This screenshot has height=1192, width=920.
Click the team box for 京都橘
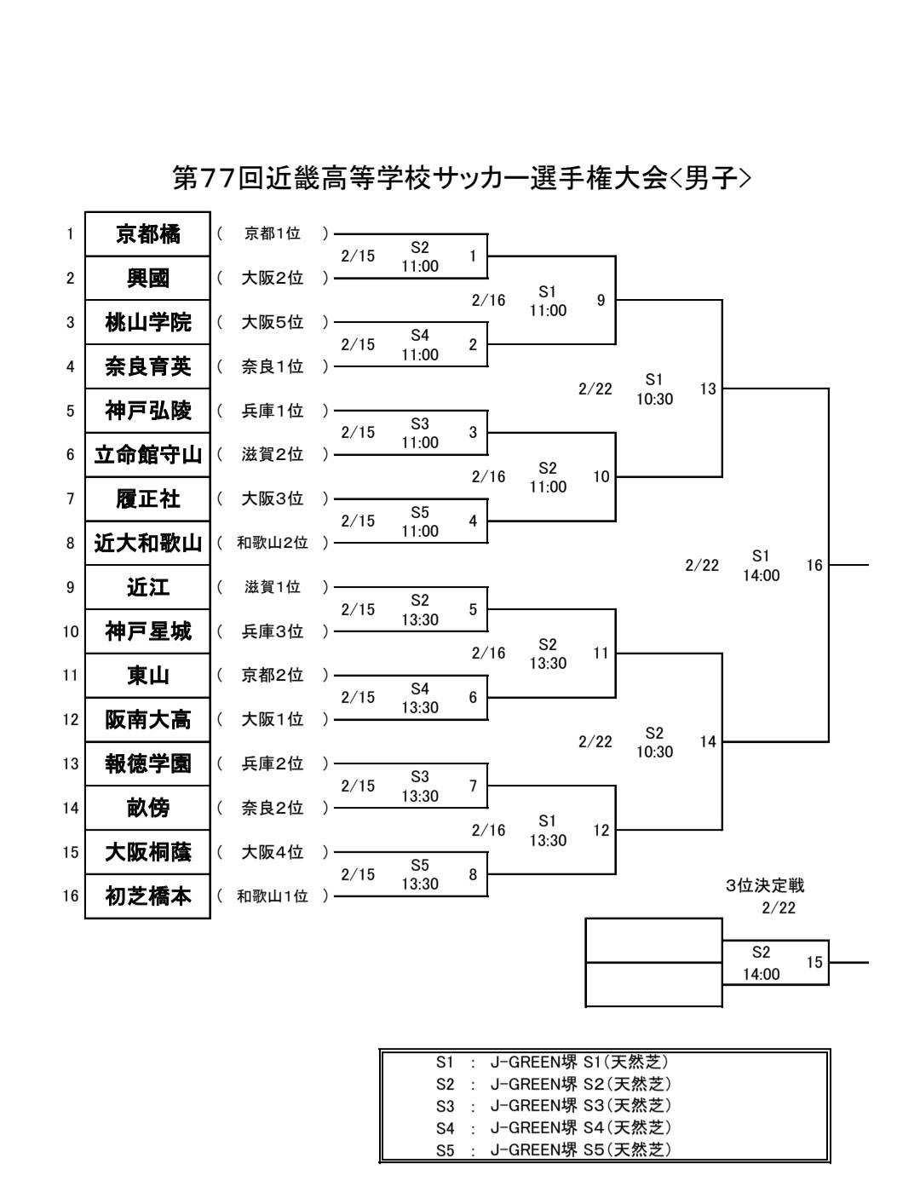tap(147, 234)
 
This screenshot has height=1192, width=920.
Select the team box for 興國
tap(147, 279)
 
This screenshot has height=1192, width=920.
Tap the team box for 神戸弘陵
tap(147, 411)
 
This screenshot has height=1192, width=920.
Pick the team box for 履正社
tap(147, 498)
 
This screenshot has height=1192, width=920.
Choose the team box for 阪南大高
tap(147, 720)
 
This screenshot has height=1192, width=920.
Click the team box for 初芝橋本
tap(147, 896)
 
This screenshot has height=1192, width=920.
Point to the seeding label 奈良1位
tap(273, 366)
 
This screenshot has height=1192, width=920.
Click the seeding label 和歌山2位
tap(273, 543)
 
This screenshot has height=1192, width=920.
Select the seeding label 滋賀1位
tap(273, 587)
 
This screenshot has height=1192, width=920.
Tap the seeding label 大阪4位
tap(273, 852)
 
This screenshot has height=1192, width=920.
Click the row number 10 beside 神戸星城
tap(70, 631)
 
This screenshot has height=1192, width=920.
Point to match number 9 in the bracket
tap(601, 300)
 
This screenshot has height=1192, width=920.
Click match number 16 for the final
tap(814, 565)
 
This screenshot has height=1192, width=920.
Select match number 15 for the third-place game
tap(814, 963)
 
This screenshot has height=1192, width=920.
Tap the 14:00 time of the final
tap(761, 576)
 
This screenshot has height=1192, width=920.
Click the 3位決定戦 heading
tap(765, 886)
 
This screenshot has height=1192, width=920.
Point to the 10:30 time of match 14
tap(654, 752)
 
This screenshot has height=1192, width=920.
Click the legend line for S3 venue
tap(554, 1106)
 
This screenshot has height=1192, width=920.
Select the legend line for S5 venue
tap(554, 1150)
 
